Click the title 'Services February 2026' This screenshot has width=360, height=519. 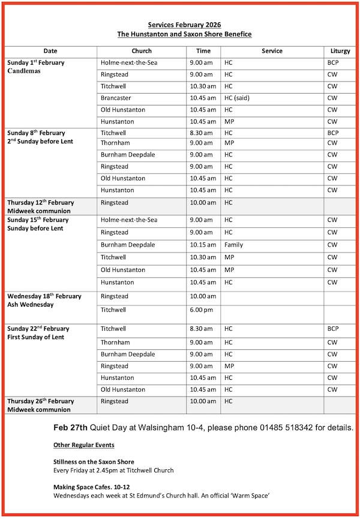(184, 25)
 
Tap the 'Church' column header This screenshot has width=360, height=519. (142, 51)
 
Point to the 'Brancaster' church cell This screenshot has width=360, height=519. (116, 98)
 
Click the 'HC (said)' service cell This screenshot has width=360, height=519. (236, 98)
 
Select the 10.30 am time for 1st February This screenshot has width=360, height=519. (201, 86)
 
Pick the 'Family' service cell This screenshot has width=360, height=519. (234, 245)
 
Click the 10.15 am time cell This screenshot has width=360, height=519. (201, 245)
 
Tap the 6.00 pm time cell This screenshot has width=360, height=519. (200, 310)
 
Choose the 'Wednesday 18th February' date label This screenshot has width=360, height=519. (44, 296)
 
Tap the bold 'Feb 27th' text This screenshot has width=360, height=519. (70, 430)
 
